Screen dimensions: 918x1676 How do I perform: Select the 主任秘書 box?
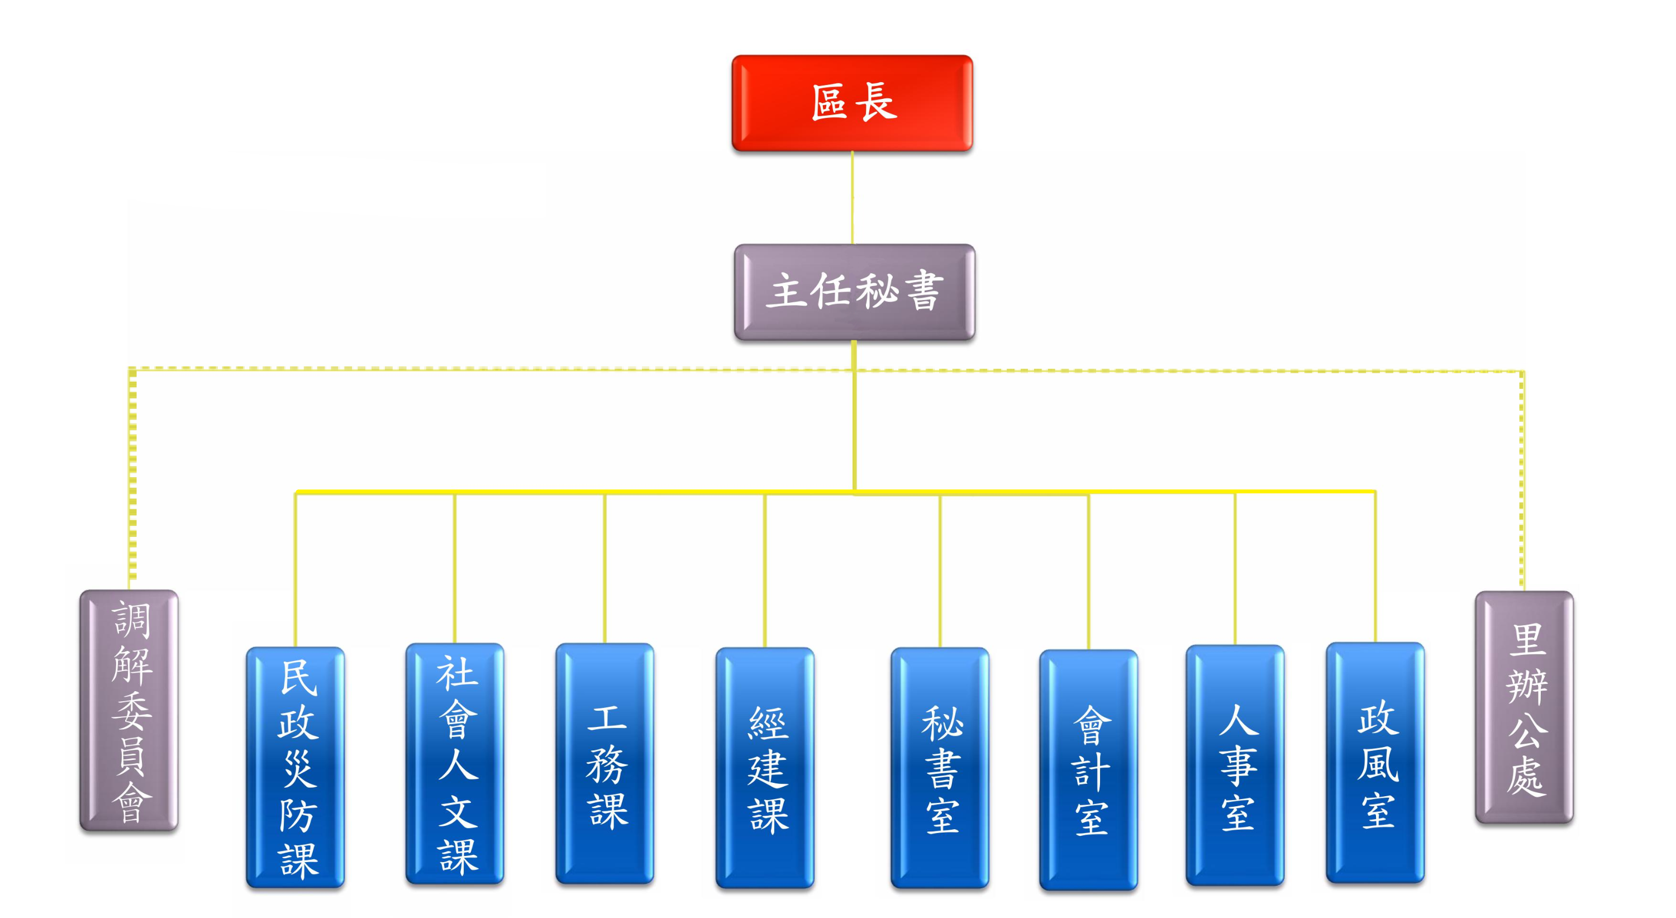pos(854,292)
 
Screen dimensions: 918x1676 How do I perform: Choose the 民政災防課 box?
pos(296,767)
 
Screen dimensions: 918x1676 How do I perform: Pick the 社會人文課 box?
pos(455,764)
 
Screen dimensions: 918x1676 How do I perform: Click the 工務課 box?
pos(605,764)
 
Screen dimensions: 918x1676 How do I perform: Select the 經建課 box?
pos(765,768)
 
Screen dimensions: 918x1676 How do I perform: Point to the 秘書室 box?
pos(940,768)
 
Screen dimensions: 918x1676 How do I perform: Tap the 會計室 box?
pos(1088,770)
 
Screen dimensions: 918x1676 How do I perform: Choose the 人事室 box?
pos(1235,766)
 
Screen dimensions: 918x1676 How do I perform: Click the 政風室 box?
pos(1375,763)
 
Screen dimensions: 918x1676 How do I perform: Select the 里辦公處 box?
pos(1525,707)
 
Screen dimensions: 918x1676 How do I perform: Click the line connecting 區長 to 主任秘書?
pos(853,198)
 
